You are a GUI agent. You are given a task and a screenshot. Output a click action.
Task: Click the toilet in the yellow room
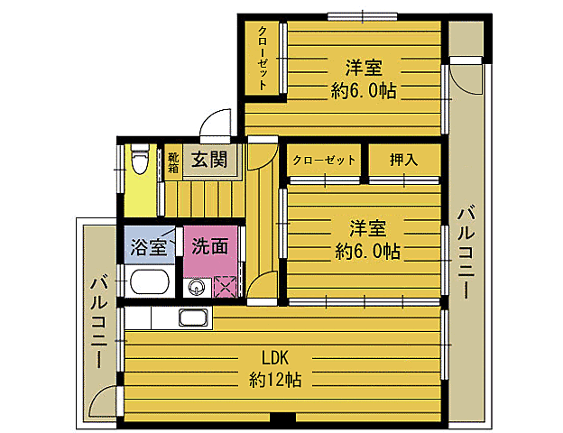[x=138, y=163]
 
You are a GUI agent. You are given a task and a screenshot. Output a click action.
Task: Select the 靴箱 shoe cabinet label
[x=173, y=162]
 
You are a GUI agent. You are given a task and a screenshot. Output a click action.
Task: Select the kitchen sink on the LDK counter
[x=194, y=318]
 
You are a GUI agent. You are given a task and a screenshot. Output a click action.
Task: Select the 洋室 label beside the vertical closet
[x=365, y=68]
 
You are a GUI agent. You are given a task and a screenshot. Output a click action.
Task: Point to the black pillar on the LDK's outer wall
[x=282, y=419]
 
